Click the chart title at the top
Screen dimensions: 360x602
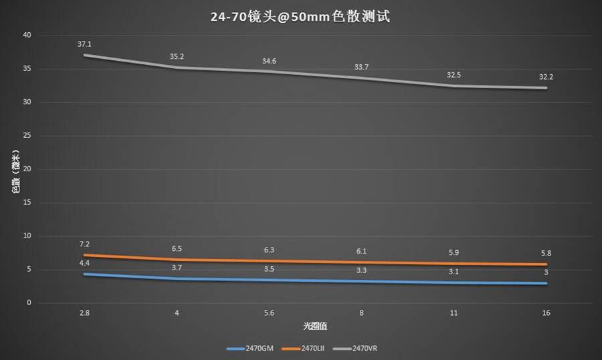click(300, 16)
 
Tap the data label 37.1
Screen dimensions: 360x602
click(84, 44)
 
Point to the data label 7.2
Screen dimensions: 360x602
click(84, 244)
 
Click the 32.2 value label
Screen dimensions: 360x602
click(546, 77)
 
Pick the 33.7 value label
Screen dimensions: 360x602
click(361, 67)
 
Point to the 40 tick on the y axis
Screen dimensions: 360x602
click(27, 35)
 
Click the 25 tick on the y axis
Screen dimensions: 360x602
click(27, 135)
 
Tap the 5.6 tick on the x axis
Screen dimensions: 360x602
click(269, 312)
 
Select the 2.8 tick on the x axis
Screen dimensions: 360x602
click(84, 312)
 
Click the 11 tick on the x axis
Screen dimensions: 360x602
click(454, 312)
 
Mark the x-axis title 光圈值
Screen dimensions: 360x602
click(313, 326)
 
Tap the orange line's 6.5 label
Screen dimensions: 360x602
click(177, 248)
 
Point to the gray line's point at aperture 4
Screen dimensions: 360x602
click(177, 67)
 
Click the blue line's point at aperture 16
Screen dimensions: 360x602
click(546, 283)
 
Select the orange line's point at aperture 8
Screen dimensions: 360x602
click(361, 262)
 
